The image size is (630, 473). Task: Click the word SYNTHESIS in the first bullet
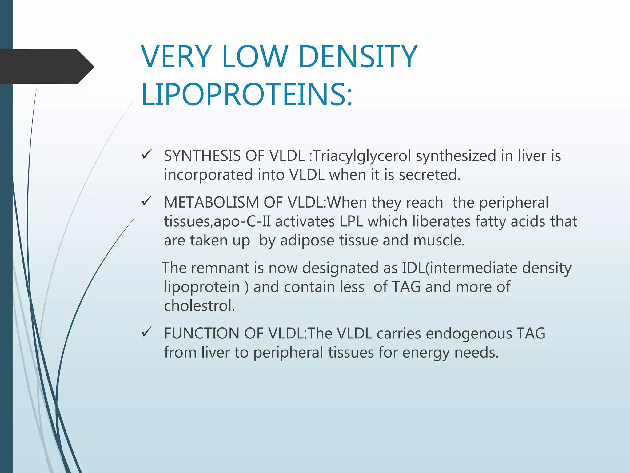202,156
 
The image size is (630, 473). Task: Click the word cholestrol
199,306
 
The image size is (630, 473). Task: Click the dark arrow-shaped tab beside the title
46,67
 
